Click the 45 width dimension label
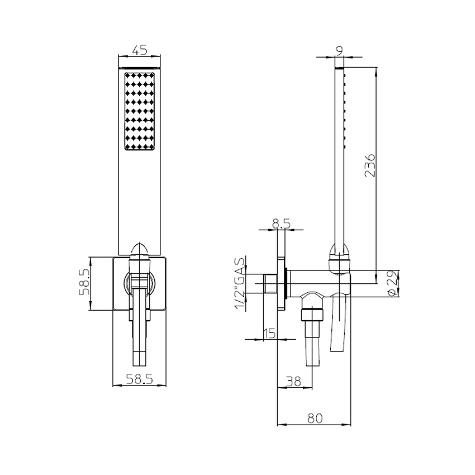[x=140, y=50]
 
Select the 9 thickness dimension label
[x=339, y=50]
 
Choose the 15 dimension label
[x=269, y=334]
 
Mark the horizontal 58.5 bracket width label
[x=140, y=380]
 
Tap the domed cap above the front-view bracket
[x=140, y=249]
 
